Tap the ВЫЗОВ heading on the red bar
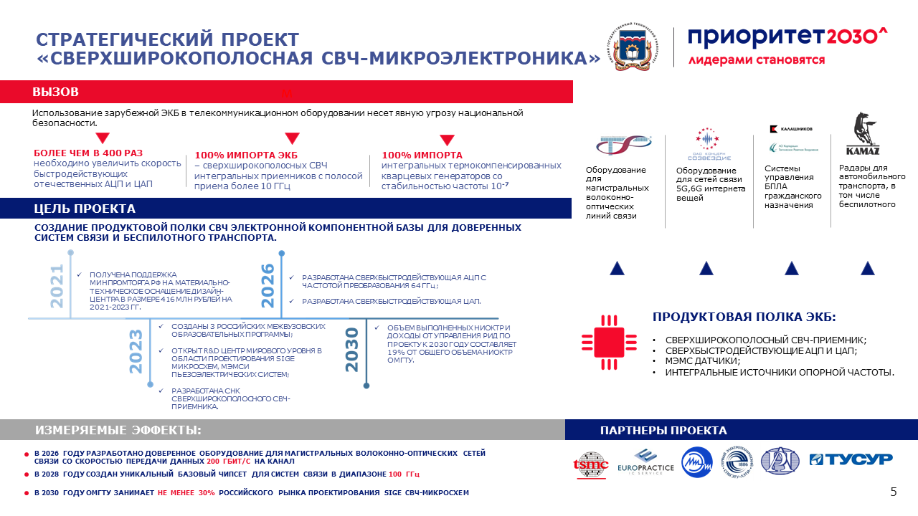[x=55, y=92]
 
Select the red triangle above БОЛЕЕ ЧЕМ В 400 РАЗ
[x=103, y=138]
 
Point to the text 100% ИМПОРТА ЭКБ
[x=236, y=155]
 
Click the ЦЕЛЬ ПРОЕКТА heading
[x=85, y=209]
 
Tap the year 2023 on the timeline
[x=136, y=351]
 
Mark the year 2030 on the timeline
[x=351, y=350]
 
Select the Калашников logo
[x=791, y=129]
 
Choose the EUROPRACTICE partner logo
[x=645, y=462]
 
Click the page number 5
[x=893, y=492]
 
